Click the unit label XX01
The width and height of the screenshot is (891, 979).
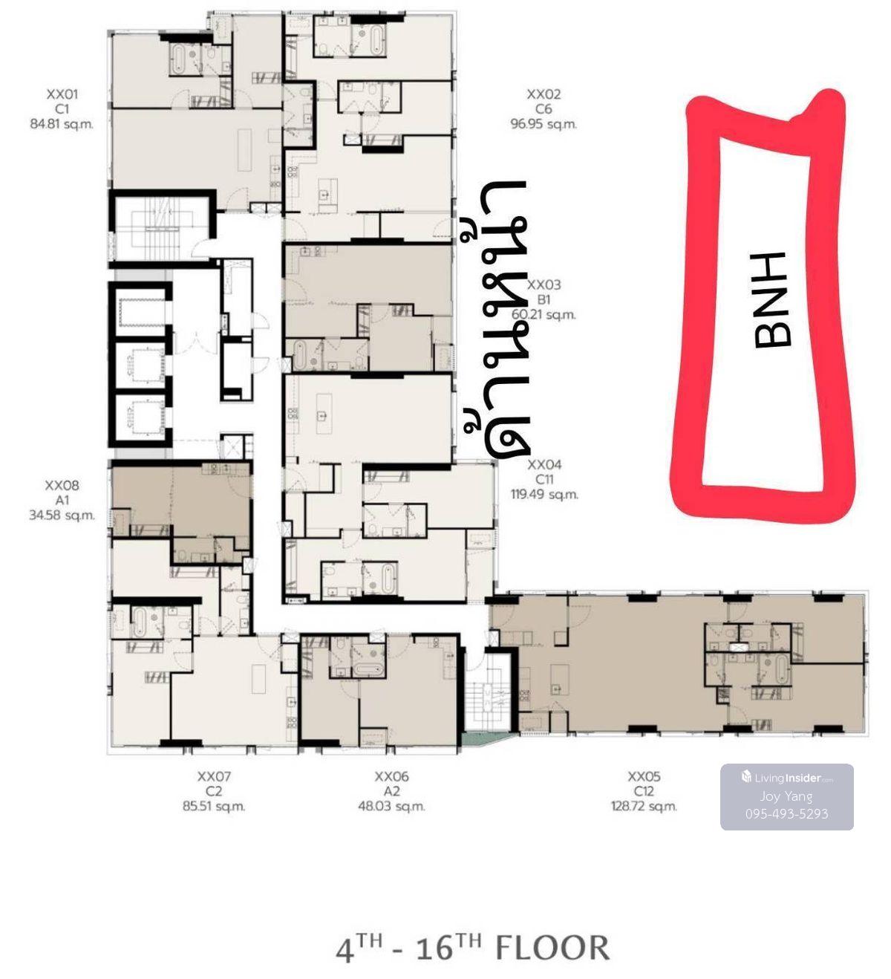tap(62, 94)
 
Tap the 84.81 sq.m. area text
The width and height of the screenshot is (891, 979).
tap(62, 124)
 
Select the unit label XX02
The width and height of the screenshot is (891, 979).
tap(544, 94)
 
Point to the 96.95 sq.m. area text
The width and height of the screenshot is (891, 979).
tap(544, 124)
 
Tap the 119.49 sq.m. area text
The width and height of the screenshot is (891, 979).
tap(544, 495)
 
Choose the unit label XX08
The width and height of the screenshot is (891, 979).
tap(62, 486)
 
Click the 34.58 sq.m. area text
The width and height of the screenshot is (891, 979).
tap(62, 515)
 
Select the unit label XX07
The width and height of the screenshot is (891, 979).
tap(214, 776)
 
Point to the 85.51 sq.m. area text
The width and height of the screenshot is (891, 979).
tap(214, 806)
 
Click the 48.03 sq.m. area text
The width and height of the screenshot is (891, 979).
tap(391, 806)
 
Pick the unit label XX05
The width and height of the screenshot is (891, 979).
tap(644, 776)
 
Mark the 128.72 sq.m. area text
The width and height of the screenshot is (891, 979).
tap(644, 806)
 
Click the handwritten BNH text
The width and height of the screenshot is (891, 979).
tap(771, 300)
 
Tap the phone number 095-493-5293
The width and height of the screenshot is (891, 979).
tap(786, 813)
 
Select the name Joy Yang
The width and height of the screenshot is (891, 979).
tap(786, 796)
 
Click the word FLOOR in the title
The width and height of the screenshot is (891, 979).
tap(553, 949)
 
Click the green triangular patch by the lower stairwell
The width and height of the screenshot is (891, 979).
tap(480, 738)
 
